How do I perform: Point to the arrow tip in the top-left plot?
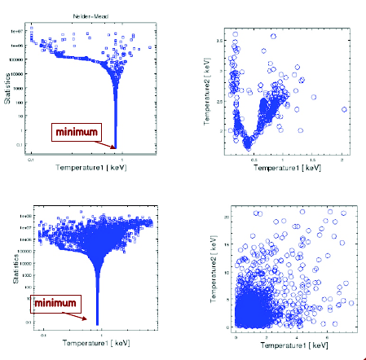tap(115, 148)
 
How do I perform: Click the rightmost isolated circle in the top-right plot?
tap(344, 108)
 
